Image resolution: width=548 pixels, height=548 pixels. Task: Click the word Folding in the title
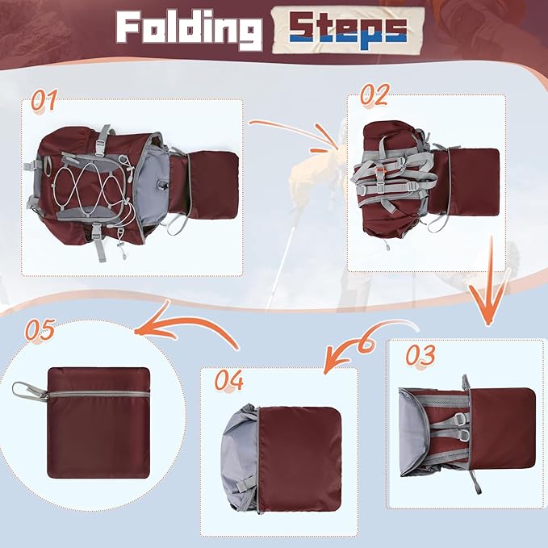point(189,31)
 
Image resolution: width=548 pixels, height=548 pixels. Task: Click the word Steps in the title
point(348,31)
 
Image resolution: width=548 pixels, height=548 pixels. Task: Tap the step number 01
point(44,101)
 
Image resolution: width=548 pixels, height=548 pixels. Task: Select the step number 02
point(374,94)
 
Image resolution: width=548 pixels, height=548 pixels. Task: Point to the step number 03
point(420,355)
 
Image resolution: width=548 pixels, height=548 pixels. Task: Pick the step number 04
point(229,380)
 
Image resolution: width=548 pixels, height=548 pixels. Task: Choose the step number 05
point(40,329)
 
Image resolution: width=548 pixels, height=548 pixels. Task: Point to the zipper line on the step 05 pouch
point(98,394)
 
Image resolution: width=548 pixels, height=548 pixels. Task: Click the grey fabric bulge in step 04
point(240,458)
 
